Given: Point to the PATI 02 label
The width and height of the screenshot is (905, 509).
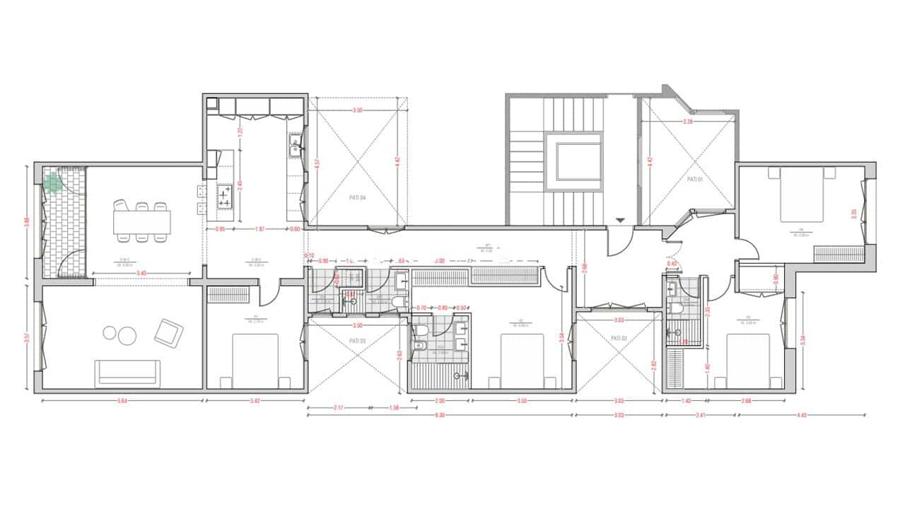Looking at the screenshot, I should tap(619, 339).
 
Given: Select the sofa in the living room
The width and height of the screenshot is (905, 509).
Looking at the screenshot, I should tap(128, 373).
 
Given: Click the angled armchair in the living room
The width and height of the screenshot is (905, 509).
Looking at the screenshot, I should tap(169, 332).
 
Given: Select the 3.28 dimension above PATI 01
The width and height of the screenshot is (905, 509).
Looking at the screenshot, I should tap(687, 122).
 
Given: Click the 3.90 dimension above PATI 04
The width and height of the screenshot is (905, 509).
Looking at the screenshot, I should tap(358, 111).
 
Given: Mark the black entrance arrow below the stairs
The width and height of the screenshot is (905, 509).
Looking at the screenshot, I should tap(620, 221).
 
